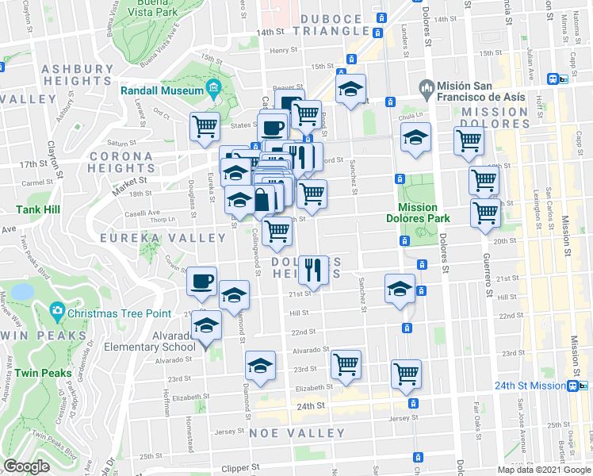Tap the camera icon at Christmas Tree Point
(56, 310)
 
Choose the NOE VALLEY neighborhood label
(297, 434)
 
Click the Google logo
(27, 466)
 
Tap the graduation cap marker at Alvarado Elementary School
(207, 325)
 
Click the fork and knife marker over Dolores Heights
(314, 270)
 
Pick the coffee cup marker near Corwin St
(201, 281)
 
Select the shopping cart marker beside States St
(205, 125)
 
